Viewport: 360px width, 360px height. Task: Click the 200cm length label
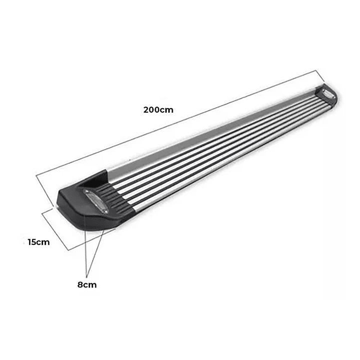(x=158, y=110)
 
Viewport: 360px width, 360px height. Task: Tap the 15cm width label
(x=39, y=242)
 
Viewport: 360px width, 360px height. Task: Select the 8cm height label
(x=87, y=285)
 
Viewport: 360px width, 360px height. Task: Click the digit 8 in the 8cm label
(x=80, y=285)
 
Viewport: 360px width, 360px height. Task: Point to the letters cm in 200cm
(x=167, y=110)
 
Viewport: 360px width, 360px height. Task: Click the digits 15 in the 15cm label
(x=32, y=242)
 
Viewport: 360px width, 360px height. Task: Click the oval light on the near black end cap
(x=96, y=202)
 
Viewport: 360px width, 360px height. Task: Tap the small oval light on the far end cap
(x=328, y=94)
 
